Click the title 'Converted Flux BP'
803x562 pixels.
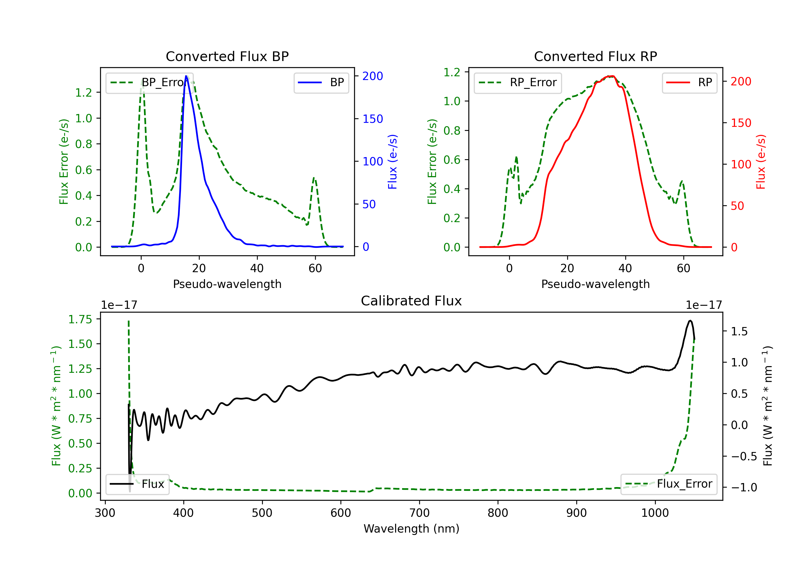[227, 56]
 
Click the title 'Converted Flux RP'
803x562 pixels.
[596, 56]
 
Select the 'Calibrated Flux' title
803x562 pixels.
[411, 301]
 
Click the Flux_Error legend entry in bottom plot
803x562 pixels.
[669, 484]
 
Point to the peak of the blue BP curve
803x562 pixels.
[186, 76]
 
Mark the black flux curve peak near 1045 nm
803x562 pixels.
[690, 321]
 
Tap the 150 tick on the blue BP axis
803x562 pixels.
[373, 119]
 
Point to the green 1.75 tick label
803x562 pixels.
[80, 319]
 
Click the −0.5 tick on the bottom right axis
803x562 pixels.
[744, 456]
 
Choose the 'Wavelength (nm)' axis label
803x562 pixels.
[411, 529]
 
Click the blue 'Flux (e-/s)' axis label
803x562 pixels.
[392, 162]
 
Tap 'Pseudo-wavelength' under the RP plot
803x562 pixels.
[596, 284]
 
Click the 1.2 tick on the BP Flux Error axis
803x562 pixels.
[84, 92]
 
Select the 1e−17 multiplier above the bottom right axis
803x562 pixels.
[704, 305]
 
